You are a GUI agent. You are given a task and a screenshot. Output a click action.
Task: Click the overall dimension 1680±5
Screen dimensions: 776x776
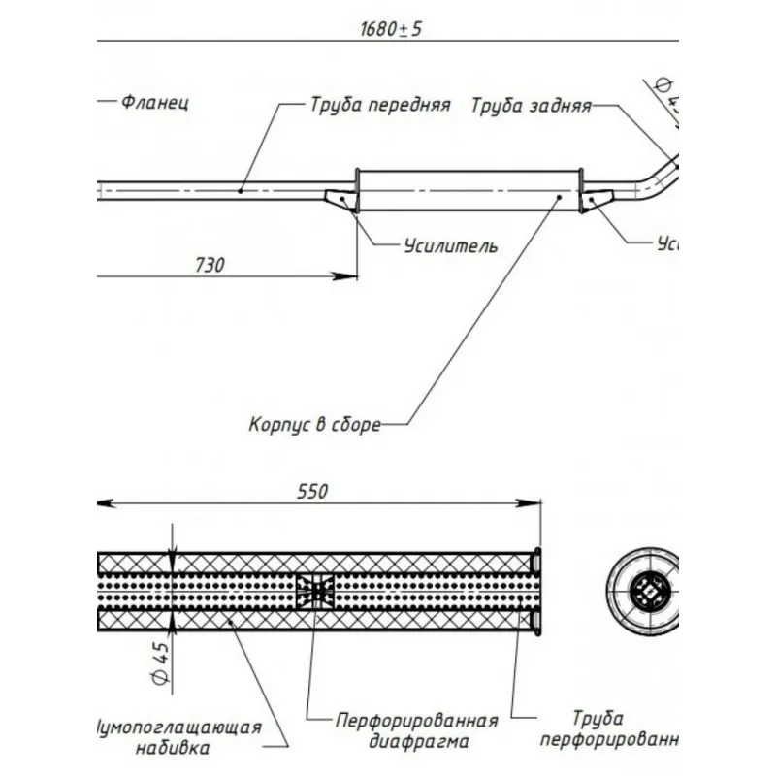tap(391, 28)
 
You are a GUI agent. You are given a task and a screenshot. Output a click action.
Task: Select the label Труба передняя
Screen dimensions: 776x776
tap(380, 105)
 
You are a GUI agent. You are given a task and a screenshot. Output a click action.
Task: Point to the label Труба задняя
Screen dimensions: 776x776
tap(531, 106)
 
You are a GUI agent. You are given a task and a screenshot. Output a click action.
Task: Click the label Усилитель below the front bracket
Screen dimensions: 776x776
tap(451, 245)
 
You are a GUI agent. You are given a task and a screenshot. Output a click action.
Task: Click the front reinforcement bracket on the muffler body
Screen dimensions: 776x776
tap(340, 198)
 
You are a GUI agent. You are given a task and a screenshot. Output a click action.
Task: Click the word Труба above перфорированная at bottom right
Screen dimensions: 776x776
tap(598, 719)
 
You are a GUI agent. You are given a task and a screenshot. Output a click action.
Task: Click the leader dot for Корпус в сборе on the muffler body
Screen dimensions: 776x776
tap(559, 196)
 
